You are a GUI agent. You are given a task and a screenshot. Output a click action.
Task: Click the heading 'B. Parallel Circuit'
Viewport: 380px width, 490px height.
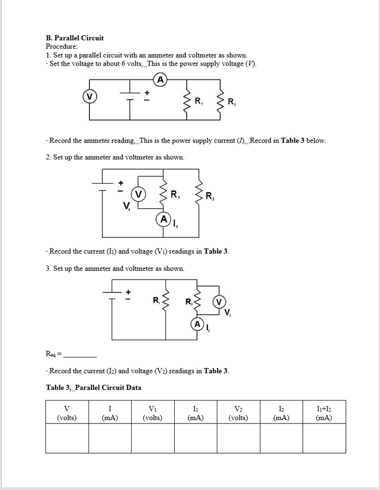tap(75, 38)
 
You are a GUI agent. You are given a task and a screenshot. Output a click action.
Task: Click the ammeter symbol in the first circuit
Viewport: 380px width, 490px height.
tap(160, 80)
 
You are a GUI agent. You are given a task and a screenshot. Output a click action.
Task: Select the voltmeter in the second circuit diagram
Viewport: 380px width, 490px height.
tap(139, 194)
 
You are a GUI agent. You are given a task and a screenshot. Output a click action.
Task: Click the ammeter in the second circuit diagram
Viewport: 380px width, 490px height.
tap(163, 220)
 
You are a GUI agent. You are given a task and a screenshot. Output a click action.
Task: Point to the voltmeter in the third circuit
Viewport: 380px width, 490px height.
tap(219, 302)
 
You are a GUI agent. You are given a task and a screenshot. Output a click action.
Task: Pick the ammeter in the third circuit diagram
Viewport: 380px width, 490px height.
tap(197, 324)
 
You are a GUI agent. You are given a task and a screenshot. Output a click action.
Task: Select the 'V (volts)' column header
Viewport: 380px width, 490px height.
tap(67, 413)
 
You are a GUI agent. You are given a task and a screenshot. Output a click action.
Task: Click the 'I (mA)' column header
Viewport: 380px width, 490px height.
tap(110, 413)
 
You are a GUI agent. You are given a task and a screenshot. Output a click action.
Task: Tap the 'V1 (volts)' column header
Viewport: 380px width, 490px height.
tap(153, 413)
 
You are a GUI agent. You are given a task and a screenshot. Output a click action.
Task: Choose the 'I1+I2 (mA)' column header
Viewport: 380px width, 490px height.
tap(324, 413)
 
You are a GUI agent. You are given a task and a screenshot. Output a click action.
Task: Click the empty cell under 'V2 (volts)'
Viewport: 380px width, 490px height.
tap(238, 439)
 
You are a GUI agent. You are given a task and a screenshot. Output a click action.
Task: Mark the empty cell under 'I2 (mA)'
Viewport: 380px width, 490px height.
tap(281, 439)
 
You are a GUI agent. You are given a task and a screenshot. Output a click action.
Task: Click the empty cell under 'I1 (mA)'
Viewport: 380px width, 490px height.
tap(195, 439)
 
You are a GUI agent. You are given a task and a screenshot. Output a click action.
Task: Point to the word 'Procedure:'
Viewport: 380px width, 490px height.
tap(61, 46)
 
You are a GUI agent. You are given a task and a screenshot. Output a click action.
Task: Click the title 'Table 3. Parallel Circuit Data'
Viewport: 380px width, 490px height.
tap(93, 388)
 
